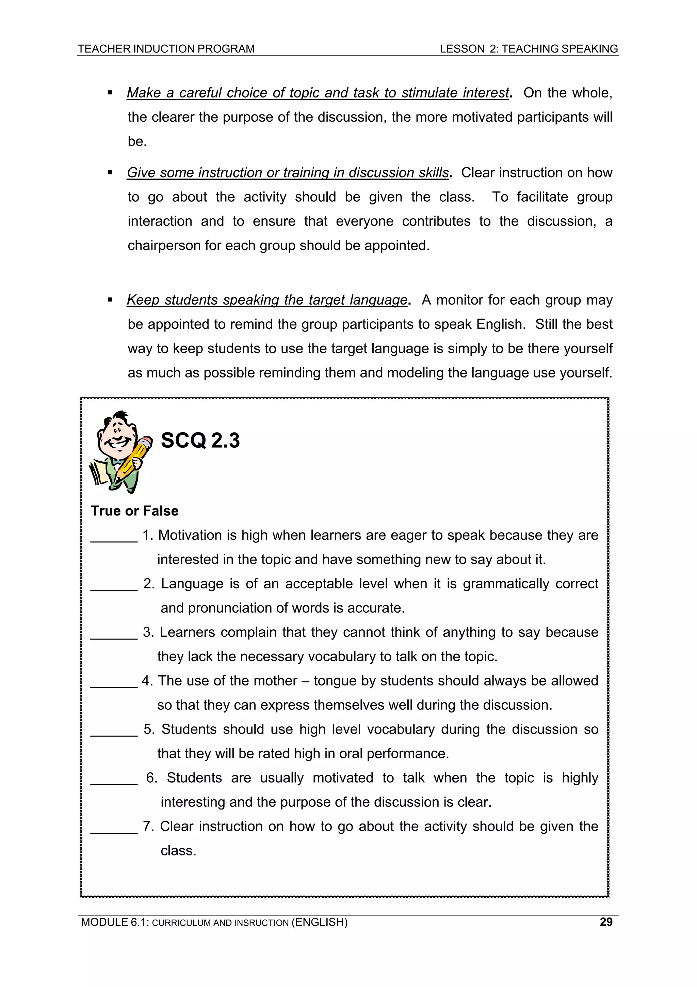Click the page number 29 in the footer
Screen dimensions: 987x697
(605, 922)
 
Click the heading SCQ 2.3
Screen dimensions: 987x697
(200, 441)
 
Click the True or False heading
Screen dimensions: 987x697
(134, 511)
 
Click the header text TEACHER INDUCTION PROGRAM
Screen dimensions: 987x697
(166, 49)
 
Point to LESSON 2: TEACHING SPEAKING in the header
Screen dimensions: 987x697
(528, 49)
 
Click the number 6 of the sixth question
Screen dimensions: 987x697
(150, 778)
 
